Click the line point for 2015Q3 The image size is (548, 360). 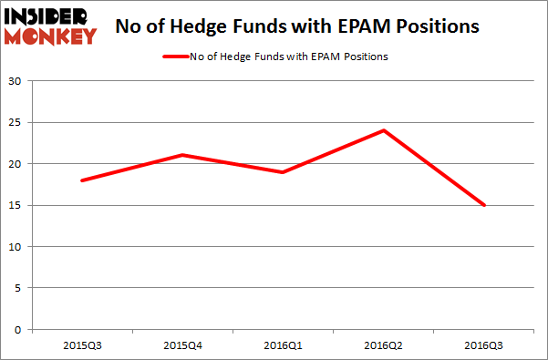coord(82,180)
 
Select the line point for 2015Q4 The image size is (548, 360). coord(183,155)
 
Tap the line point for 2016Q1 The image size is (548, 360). coord(284,172)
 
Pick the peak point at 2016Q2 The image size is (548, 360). coord(384,130)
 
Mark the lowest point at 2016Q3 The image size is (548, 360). coord(484,205)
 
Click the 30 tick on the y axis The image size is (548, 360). coord(16,81)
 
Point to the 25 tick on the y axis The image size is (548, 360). coord(16,123)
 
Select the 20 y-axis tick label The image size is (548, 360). coord(16,164)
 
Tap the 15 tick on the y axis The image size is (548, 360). coord(16,205)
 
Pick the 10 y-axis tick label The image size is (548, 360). coord(16,247)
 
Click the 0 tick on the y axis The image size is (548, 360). coord(19,329)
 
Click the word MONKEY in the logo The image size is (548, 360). coord(52,36)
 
